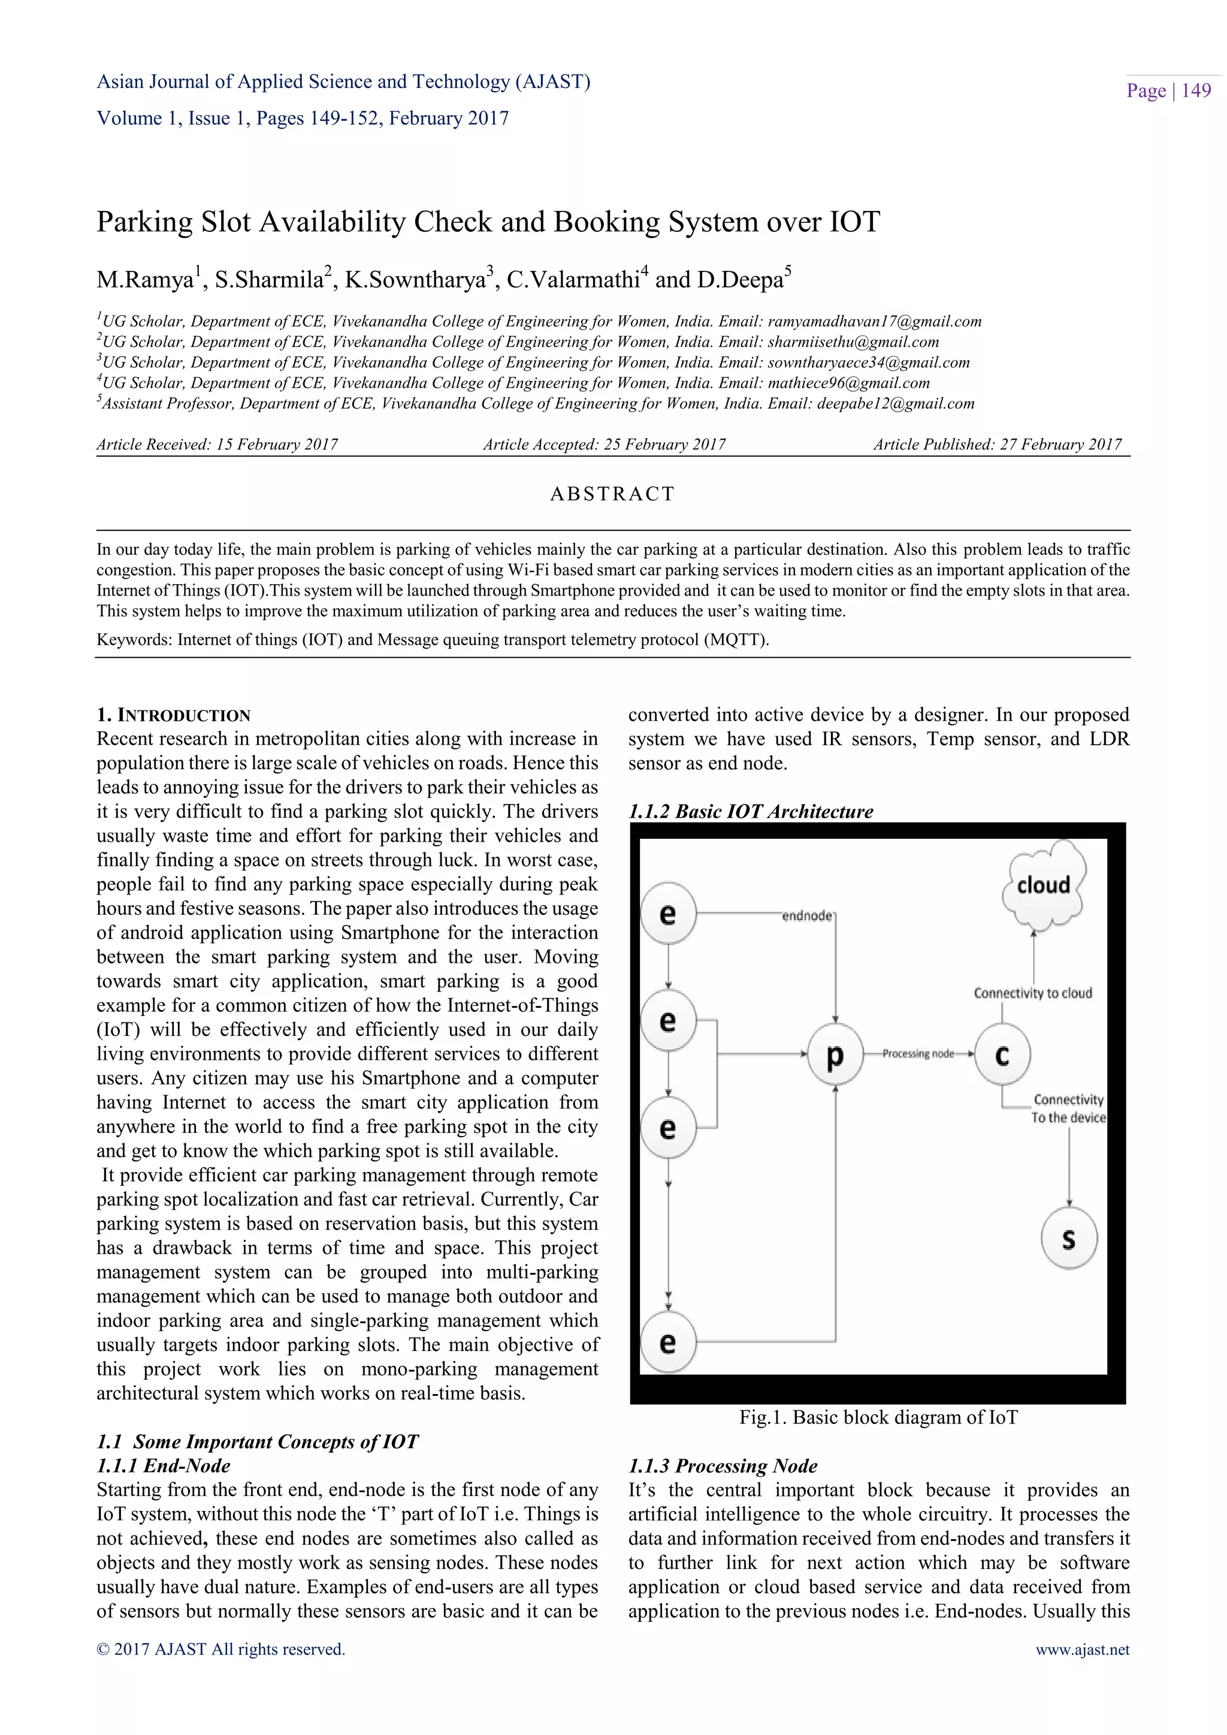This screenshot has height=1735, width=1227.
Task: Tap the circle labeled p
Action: [x=835, y=1055]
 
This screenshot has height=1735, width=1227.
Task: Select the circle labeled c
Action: [x=1002, y=1055]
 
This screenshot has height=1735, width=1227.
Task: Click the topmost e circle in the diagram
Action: [x=668, y=914]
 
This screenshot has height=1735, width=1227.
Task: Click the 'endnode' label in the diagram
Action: [x=807, y=916]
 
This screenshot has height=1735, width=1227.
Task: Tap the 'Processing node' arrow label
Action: [x=918, y=1054]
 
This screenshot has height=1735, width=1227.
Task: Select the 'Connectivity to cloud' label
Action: [x=1032, y=993]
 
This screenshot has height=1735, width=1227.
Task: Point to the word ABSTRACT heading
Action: [x=612, y=494]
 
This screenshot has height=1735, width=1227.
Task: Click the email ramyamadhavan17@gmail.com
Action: [x=874, y=321]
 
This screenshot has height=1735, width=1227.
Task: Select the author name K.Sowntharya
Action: [x=415, y=280]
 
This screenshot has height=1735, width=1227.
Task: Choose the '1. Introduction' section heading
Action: [x=173, y=715]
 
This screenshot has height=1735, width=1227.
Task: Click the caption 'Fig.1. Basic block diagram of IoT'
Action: [x=878, y=1417]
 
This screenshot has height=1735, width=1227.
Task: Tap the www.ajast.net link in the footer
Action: [x=1082, y=1649]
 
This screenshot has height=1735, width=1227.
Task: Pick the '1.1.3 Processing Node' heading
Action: [x=723, y=1466]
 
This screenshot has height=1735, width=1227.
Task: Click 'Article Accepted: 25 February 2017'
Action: [x=605, y=445]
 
